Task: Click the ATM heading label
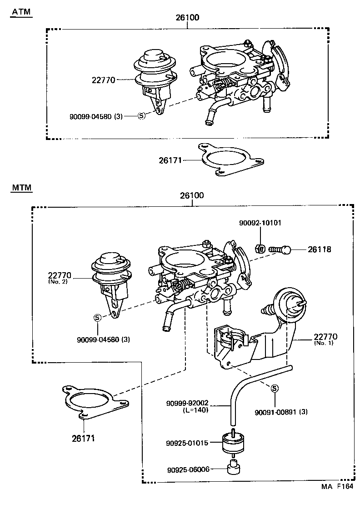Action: point(21,12)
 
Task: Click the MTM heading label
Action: point(21,187)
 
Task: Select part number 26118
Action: point(319,249)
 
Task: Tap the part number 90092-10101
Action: point(260,223)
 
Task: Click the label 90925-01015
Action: point(187,442)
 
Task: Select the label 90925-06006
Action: point(188,469)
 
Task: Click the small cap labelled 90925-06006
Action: point(234,467)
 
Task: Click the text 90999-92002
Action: point(187,403)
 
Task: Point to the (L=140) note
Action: point(195,409)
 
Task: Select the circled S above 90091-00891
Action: point(275,389)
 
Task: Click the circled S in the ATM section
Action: point(141,116)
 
